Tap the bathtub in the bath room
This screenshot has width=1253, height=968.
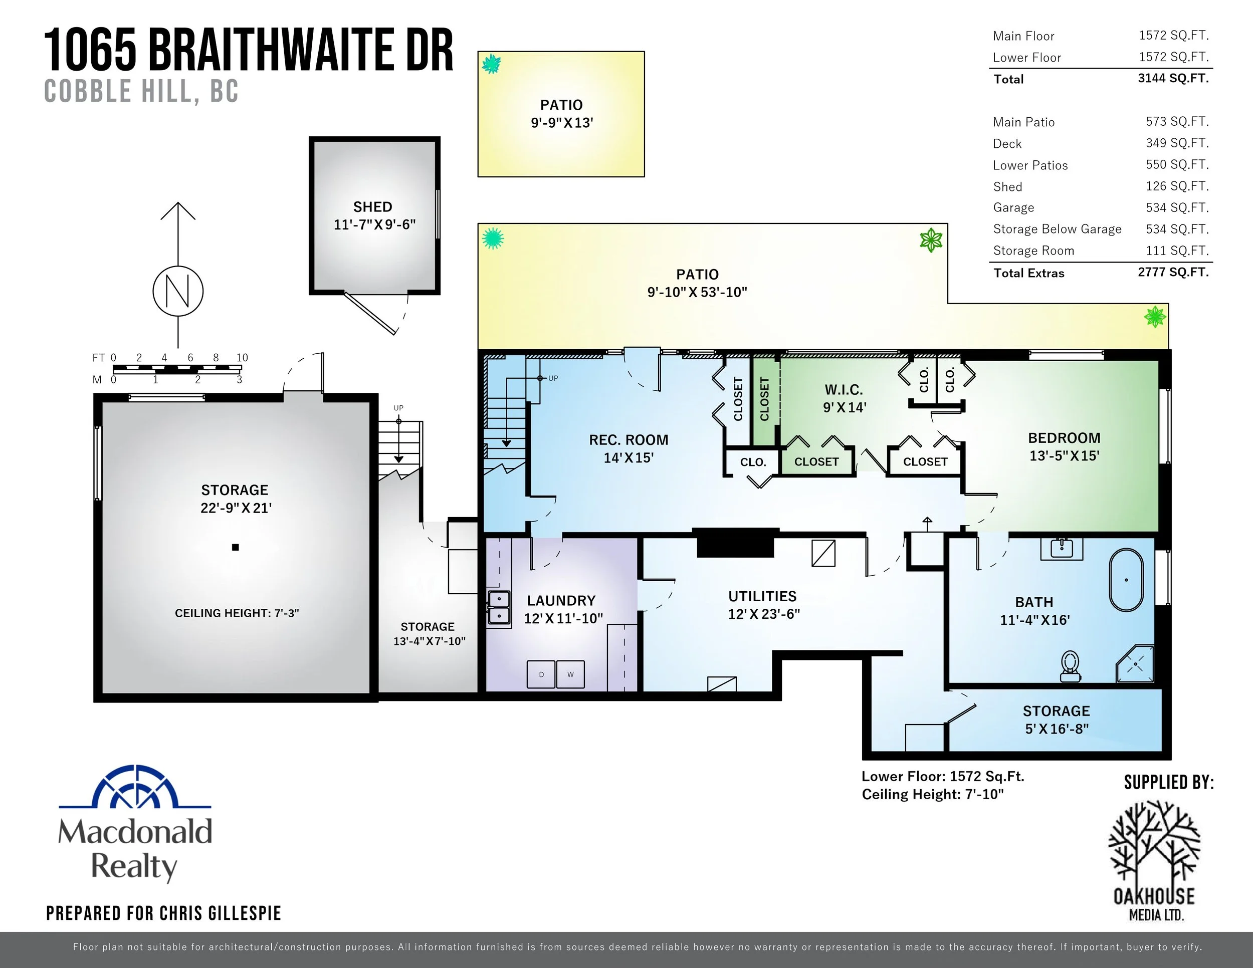pyautogui.click(x=1126, y=580)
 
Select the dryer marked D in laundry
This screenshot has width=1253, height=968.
pyautogui.click(x=541, y=674)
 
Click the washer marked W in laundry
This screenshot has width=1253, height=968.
pyautogui.click(x=570, y=674)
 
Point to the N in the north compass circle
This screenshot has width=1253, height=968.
pyautogui.click(x=178, y=291)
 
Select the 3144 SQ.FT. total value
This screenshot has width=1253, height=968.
pyautogui.click(x=1173, y=79)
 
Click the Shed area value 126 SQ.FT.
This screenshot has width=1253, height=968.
pyautogui.click(x=1177, y=186)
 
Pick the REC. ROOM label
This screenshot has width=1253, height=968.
pyautogui.click(x=628, y=440)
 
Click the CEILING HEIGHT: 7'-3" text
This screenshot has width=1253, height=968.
pyautogui.click(x=237, y=613)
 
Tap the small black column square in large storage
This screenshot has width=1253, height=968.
pyautogui.click(x=235, y=548)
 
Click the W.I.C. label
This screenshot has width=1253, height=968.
pyautogui.click(x=844, y=390)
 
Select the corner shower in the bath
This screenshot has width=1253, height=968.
pyautogui.click(x=1135, y=664)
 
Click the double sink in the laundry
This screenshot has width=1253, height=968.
pyautogui.click(x=499, y=607)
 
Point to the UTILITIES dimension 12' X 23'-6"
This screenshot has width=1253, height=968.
pyautogui.click(x=764, y=614)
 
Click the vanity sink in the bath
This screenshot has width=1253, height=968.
pyautogui.click(x=1062, y=548)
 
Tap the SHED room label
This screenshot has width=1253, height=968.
pyautogui.click(x=373, y=206)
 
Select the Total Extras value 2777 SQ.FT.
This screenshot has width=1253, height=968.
pyautogui.click(x=1173, y=273)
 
